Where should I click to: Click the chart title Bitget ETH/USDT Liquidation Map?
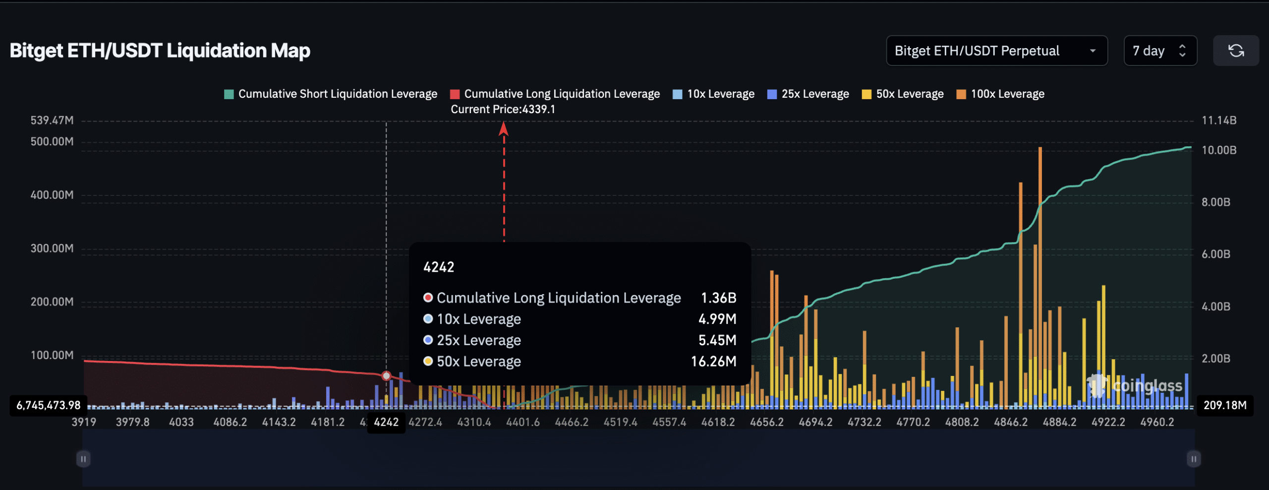(160, 51)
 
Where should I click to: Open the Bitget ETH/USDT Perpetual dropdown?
(996, 51)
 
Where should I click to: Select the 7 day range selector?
(1159, 51)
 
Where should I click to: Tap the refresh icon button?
(1235, 51)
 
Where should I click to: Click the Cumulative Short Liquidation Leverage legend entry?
(331, 94)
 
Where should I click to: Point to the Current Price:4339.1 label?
(503, 109)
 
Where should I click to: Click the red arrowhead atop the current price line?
(504, 129)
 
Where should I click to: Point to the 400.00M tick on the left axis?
(52, 195)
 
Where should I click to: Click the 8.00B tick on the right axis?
(1215, 202)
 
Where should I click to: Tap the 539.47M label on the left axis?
(52, 121)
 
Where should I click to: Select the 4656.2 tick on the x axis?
(766, 422)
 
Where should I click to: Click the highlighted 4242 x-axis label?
(386, 422)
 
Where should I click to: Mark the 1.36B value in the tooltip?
(718, 298)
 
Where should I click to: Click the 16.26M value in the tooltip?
(713, 362)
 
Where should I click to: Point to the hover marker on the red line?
(386, 376)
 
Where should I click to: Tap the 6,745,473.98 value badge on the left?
(49, 405)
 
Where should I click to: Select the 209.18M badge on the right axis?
(1224, 405)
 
